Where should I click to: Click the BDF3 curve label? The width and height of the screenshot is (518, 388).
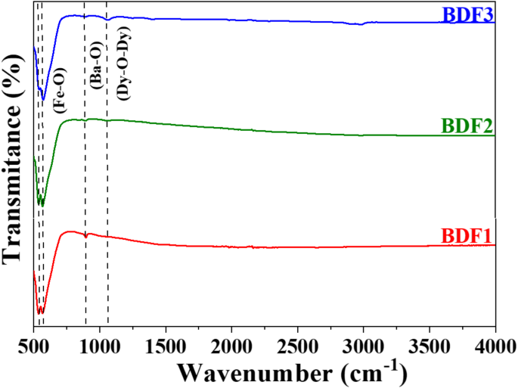(467, 14)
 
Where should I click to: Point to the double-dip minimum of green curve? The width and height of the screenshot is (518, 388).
(41, 205)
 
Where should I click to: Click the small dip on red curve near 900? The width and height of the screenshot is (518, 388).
(86, 237)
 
